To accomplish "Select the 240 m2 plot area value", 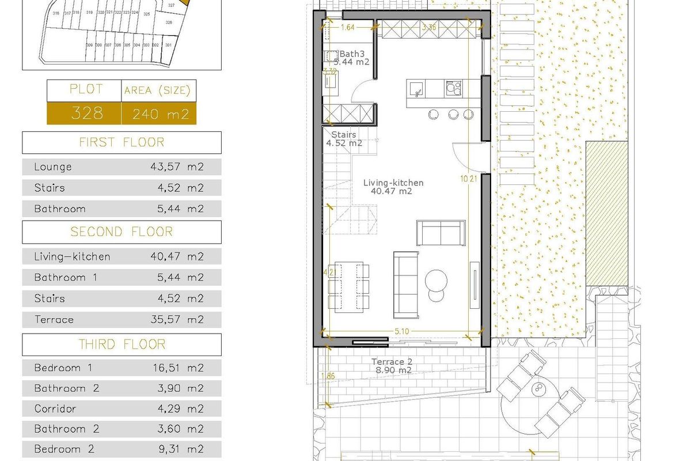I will [161, 114].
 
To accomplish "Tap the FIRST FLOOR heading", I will [122, 142].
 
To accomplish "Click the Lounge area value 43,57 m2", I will [176, 167].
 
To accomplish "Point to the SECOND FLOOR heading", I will [122, 232].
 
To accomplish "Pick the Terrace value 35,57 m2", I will [176, 319].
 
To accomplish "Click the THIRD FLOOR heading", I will [122, 345].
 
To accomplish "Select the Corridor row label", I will [55, 409].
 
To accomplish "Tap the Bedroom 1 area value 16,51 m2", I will [176, 368].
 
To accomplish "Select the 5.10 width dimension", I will [402, 331].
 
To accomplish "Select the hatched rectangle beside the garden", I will [606, 213].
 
